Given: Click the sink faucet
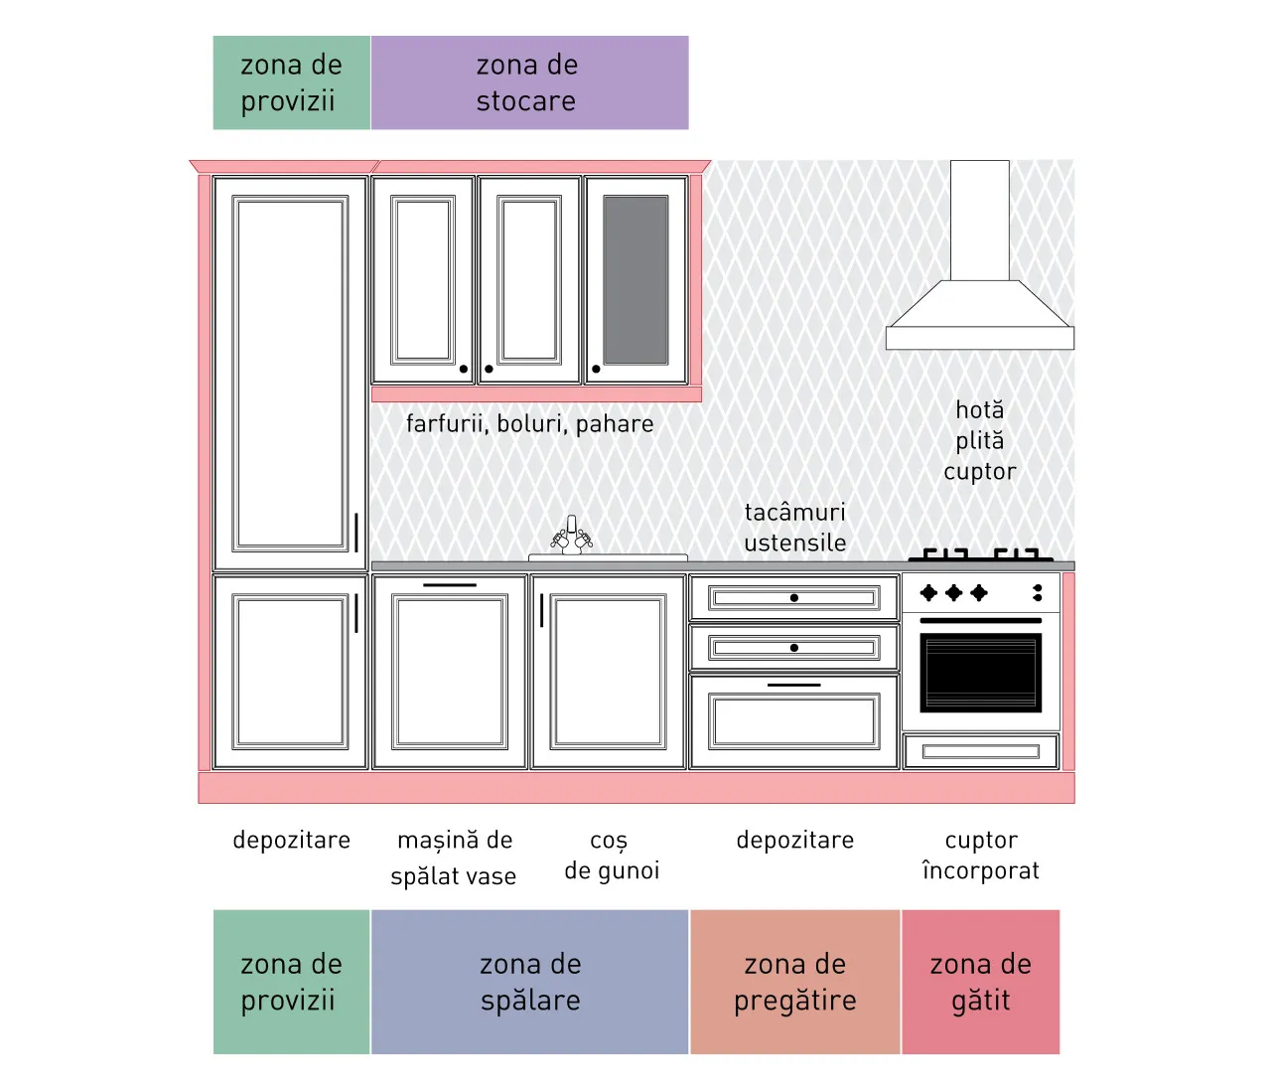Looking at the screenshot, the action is point(571,535).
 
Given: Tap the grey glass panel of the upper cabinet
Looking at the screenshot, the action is point(635,280).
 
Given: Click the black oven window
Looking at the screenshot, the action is point(980,673).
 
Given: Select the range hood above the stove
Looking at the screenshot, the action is point(979,255).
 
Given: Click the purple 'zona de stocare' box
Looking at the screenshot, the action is point(529,82).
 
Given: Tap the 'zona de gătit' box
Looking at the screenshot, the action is point(980,982).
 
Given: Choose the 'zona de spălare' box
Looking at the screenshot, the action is point(529,982).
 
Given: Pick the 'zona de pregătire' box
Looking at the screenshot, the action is point(794,982).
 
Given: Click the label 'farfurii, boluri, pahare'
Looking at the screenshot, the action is point(529,424).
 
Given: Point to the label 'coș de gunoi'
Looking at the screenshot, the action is point(612,856).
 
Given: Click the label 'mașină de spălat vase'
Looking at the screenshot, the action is point(454,857).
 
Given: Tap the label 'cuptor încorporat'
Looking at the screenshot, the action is point(981,856).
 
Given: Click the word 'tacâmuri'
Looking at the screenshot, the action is point(795,513).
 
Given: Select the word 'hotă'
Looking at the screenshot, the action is point(979,410).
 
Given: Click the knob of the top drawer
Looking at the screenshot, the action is point(793,597).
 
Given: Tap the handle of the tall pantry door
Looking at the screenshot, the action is point(356,533).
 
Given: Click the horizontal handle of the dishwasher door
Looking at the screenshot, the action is point(450,584).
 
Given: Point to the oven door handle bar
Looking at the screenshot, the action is point(981,621).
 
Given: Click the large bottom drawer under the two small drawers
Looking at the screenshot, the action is point(793,721).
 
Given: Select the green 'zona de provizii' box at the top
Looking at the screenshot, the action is point(292,82).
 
